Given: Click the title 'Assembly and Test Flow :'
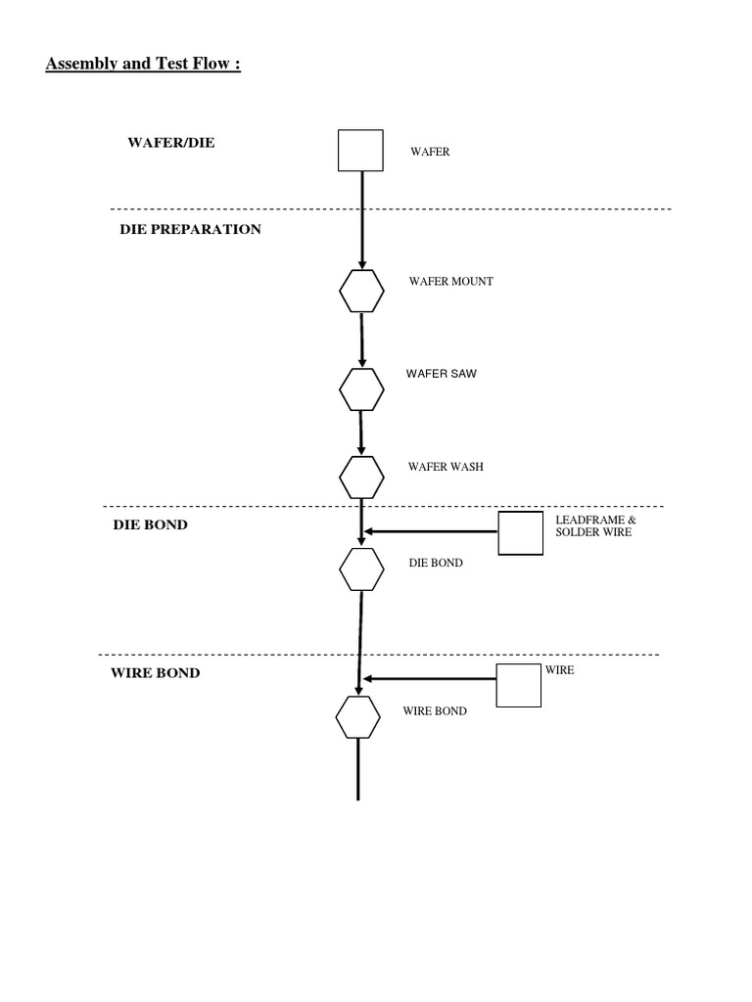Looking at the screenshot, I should [143, 66].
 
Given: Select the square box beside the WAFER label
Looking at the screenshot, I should [360, 151].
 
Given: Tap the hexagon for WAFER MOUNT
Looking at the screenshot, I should [361, 291].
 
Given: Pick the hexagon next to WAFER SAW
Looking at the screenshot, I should [361, 388].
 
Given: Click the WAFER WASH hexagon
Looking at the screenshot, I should [361, 477].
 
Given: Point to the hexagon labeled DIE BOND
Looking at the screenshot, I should [361, 569].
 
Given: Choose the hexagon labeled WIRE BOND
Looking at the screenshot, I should [358, 717].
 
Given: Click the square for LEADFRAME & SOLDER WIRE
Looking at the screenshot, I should [521, 533].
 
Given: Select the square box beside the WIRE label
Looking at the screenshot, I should [519, 684].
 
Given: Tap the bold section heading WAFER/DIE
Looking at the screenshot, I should [171, 143].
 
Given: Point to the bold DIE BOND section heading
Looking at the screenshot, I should [150, 524].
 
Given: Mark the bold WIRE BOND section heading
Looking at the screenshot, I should [156, 673].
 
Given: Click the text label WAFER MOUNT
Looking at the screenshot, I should [451, 281].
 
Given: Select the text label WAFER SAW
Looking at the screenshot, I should [442, 374].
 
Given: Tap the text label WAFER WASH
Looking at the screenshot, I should [446, 467].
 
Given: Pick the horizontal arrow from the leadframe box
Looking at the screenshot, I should [431, 532].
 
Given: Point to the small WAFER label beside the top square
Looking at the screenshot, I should [430, 152].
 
